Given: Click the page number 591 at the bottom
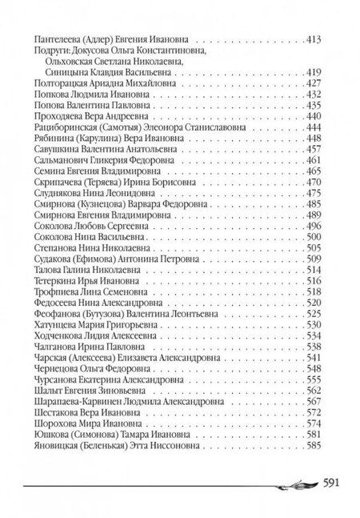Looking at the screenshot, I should click(x=334, y=483).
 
